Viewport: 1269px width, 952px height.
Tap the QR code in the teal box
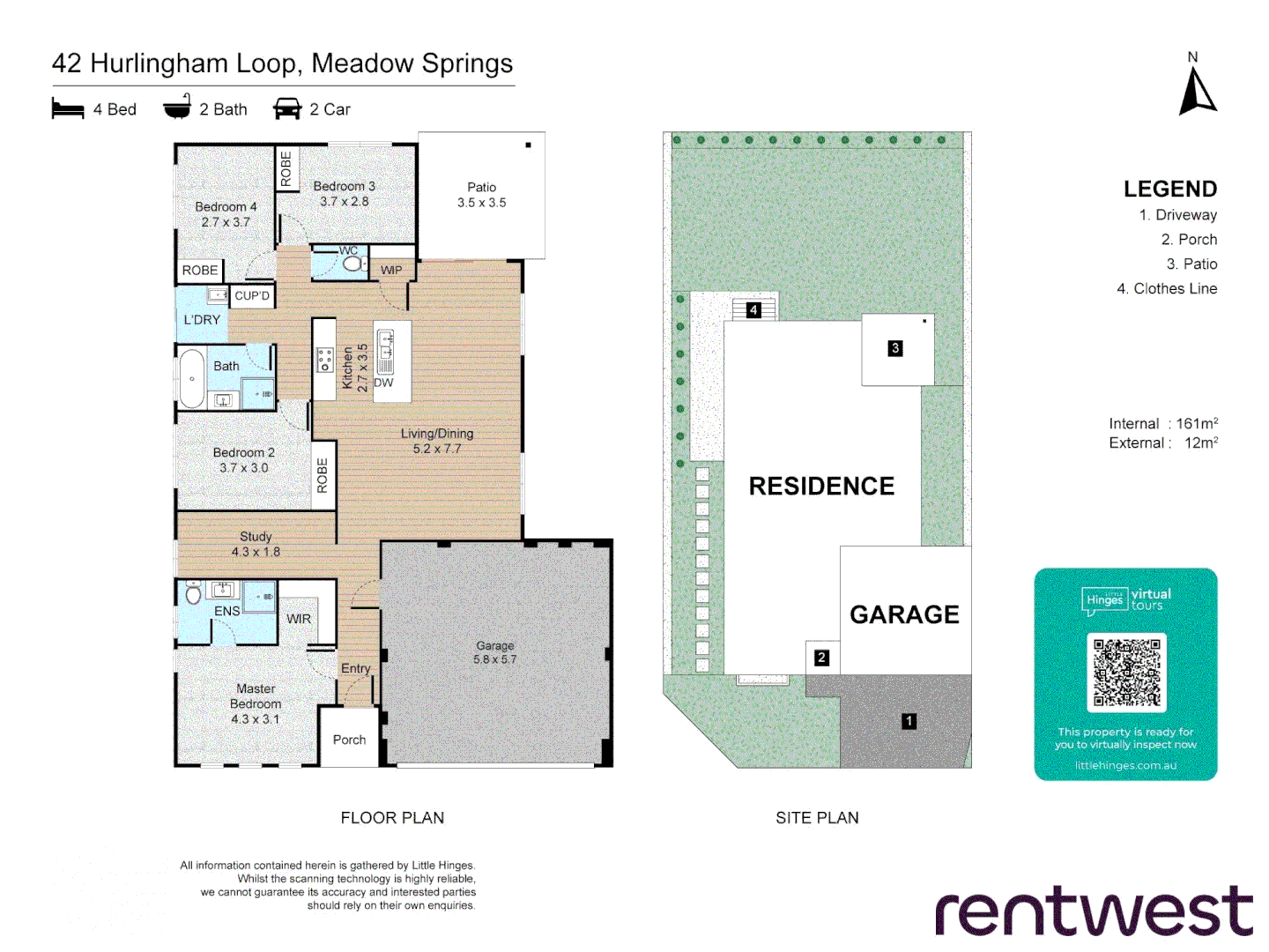click(x=1126, y=673)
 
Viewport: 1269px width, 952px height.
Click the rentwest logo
click(x=1094, y=911)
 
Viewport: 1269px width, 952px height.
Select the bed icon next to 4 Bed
click(x=68, y=109)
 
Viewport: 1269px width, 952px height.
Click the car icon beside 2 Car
click(x=287, y=109)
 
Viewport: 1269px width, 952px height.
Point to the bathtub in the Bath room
click(x=191, y=379)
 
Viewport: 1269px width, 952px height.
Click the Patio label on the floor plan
click(x=481, y=195)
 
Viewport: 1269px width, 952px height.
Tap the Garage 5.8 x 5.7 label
click(x=494, y=652)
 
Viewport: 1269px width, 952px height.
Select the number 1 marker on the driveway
click(x=909, y=721)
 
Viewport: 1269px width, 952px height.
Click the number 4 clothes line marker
click(x=753, y=310)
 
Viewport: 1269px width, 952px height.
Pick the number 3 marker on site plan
click(x=894, y=348)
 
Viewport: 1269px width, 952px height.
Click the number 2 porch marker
click(x=821, y=658)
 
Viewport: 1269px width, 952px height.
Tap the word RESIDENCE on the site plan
click(x=821, y=486)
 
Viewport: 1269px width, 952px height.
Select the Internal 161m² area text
click(x=1162, y=424)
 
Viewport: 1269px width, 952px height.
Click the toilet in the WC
click(x=352, y=264)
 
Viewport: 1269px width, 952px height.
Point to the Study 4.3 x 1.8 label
click(x=256, y=544)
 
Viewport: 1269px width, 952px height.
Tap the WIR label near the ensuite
click(x=299, y=619)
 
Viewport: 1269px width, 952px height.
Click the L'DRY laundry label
click(x=202, y=320)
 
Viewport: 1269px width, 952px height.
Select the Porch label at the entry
click(x=349, y=740)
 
